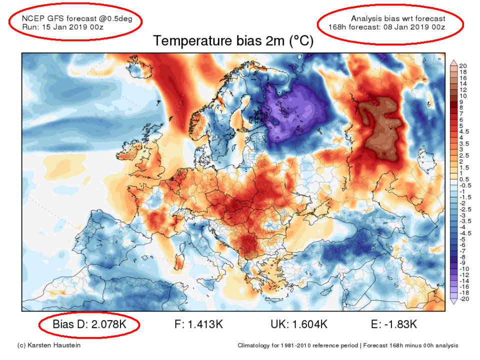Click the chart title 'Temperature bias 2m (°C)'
click(233, 40)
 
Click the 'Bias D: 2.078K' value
click(89, 325)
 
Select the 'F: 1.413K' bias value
click(198, 325)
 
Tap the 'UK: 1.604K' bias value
click(299, 325)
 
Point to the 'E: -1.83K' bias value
click(394, 325)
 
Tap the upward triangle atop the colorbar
click(453, 62)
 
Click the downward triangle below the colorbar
click(453, 301)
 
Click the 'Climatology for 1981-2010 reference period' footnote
click(297, 345)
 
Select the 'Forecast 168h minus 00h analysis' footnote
click(410, 345)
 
